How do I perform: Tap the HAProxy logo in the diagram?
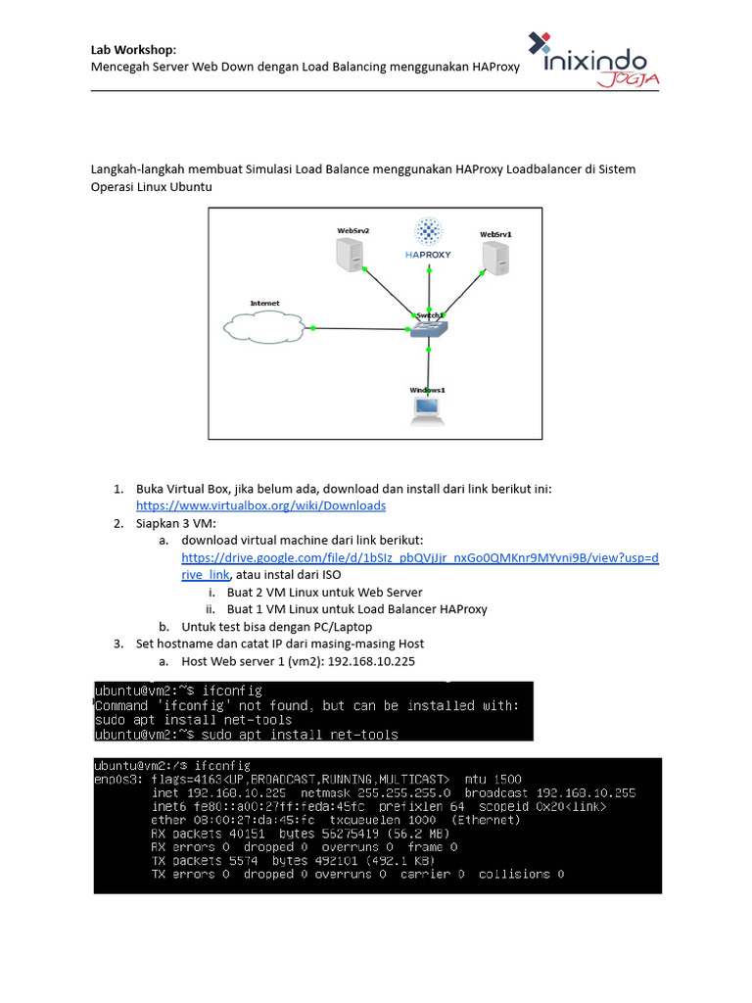coord(429,240)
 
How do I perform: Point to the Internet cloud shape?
coord(263,327)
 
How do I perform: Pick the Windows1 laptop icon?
coord(428,410)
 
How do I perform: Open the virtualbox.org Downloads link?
coord(260,505)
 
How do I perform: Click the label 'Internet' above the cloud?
coord(264,304)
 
